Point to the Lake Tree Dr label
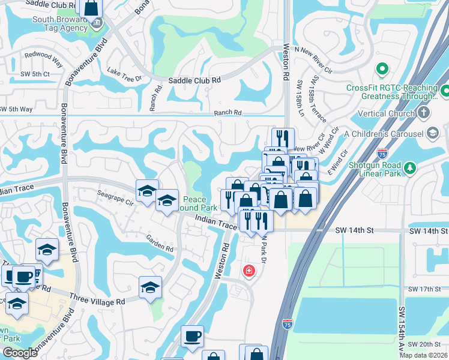point(124,74)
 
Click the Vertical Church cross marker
point(425,113)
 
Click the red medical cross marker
point(248,272)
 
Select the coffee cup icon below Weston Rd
point(192,337)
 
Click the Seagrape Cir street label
point(115,199)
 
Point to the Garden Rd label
point(160,243)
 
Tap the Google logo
point(20,353)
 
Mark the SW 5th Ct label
point(17,73)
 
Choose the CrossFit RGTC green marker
point(380,70)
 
